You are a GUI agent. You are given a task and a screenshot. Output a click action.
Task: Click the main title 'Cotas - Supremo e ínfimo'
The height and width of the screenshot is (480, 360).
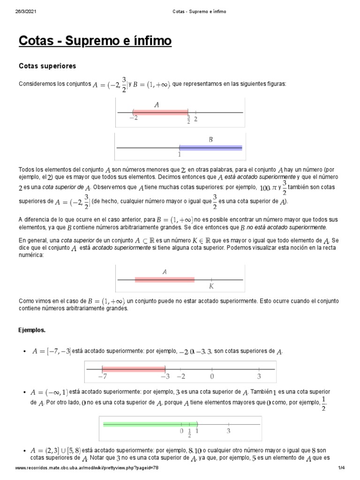click(x=95, y=42)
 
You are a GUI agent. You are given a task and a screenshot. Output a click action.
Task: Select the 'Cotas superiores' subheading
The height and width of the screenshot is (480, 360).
click(x=47, y=66)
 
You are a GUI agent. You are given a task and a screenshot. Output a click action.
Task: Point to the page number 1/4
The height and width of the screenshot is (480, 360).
click(x=341, y=468)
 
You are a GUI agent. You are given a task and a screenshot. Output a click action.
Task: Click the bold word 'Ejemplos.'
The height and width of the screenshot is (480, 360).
click(x=32, y=330)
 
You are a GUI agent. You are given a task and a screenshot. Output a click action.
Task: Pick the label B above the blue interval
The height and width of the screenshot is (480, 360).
click(x=210, y=139)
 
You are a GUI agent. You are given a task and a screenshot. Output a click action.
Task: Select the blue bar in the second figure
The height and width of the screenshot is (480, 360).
click(x=210, y=148)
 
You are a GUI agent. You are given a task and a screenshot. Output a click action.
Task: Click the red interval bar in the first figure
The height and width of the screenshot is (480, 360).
click(x=160, y=112)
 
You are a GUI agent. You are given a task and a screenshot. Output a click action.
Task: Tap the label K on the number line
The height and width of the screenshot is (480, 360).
click(x=211, y=286)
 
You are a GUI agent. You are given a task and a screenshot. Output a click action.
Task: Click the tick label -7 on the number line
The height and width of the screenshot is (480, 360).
click(x=102, y=376)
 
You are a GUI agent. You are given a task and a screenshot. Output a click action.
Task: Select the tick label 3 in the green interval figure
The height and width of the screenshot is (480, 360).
click(x=229, y=430)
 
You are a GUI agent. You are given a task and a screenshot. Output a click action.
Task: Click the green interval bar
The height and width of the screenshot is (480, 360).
click(x=150, y=424)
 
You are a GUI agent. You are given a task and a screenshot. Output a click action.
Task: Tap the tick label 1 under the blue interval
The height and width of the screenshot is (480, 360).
click(x=180, y=153)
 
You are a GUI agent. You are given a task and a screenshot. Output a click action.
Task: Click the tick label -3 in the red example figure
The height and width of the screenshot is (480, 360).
click(x=165, y=376)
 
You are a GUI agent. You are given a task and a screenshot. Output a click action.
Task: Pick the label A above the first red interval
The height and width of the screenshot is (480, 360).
click(x=156, y=105)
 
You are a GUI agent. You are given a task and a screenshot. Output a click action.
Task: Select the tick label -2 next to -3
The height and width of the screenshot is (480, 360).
click(x=181, y=376)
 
